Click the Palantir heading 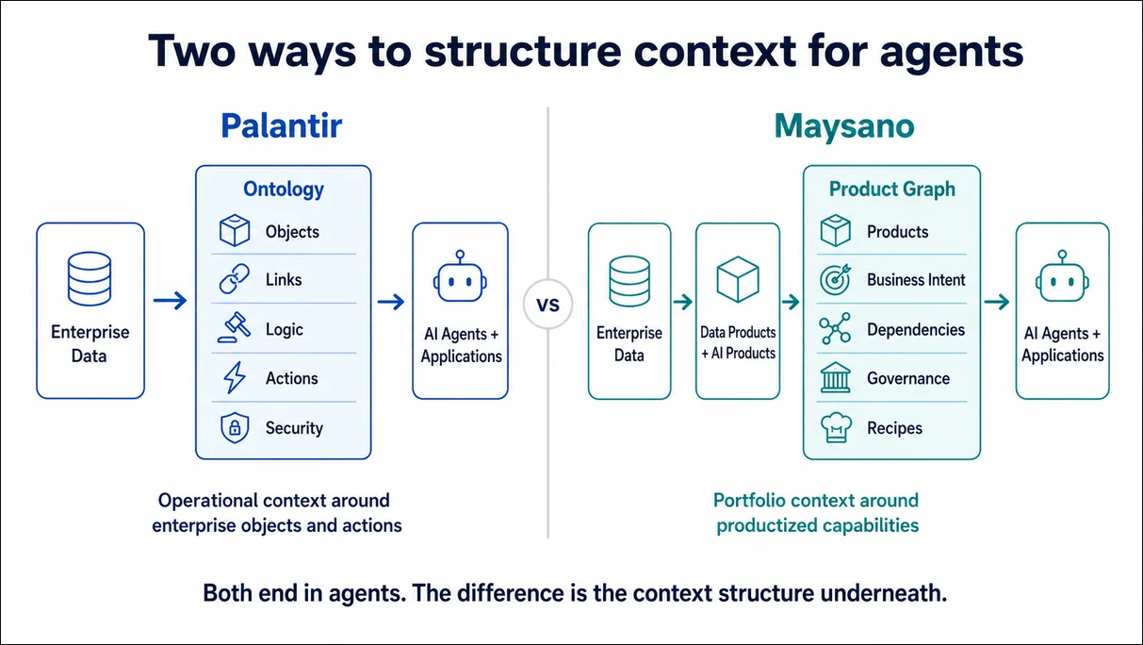[x=281, y=126]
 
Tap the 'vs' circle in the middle [x=548, y=305]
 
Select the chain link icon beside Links [x=235, y=279]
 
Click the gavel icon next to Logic [x=235, y=327]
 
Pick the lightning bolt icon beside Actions [x=235, y=378]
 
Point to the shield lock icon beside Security [x=235, y=427]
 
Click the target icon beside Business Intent [x=835, y=279]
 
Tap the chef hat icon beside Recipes [x=836, y=427]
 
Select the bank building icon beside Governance [x=835, y=378]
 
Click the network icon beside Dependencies [x=835, y=328]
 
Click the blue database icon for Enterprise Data [x=90, y=279]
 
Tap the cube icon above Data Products [x=738, y=279]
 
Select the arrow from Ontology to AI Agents [x=391, y=302]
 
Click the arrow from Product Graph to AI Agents [x=997, y=302]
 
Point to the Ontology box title [x=284, y=190]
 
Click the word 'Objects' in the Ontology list [x=292, y=232]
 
